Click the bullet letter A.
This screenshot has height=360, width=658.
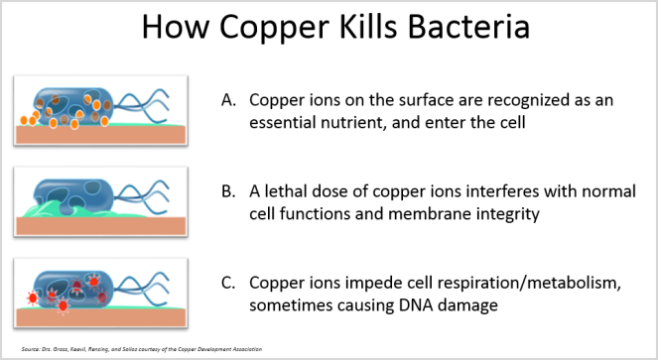(228, 100)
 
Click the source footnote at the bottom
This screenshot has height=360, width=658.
(129, 348)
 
